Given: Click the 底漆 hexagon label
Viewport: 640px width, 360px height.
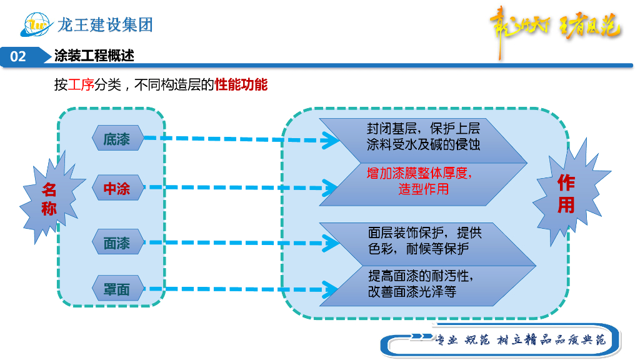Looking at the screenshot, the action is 117,139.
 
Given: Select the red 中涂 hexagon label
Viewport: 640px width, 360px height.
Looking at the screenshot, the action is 117,188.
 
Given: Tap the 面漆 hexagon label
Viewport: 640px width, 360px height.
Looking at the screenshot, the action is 117,242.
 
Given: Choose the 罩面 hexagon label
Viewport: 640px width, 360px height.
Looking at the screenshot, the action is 117,289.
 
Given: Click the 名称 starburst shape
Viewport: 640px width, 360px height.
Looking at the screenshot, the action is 49,199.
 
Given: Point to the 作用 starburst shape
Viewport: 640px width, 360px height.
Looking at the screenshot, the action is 566,194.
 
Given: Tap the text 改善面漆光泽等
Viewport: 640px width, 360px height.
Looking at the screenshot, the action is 412,291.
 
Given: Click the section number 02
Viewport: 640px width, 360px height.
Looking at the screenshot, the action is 18,56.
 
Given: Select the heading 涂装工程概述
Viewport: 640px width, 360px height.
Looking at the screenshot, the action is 94,56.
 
